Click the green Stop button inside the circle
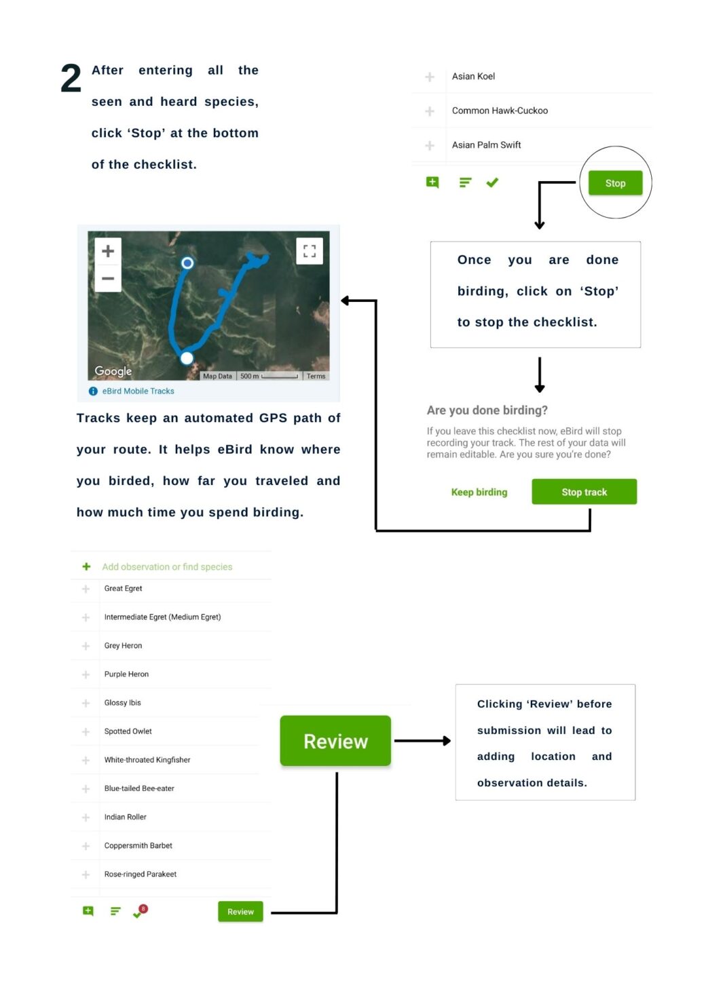click(615, 183)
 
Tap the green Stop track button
click(584, 492)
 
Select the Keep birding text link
click(479, 493)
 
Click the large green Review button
click(335, 741)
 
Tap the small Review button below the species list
click(240, 912)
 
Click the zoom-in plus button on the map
click(108, 251)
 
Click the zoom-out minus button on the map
click(108, 278)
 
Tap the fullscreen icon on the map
click(310, 251)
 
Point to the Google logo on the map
click(113, 370)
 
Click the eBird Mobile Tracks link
click(138, 391)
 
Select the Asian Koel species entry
click(473, 76)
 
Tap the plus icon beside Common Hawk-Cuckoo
click(430, 111)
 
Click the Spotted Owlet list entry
click(128, 731)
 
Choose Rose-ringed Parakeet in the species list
click(141, 874)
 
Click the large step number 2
click(71, 78)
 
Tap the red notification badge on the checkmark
click(143, 908)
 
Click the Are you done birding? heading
click(487, 410)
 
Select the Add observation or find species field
click(167, 567)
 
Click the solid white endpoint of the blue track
click(187, 358)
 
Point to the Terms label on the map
click(316, 376)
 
